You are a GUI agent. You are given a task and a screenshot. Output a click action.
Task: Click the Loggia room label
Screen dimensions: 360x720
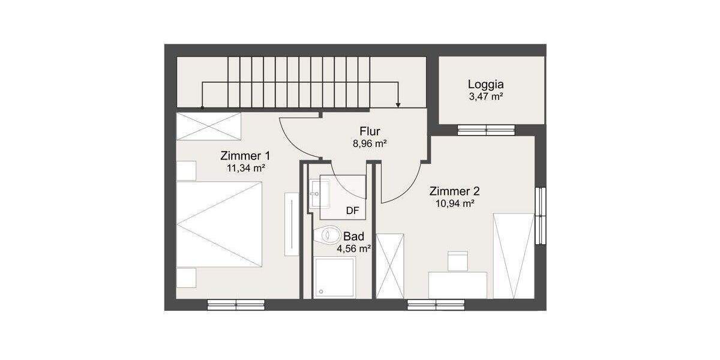[486, 85]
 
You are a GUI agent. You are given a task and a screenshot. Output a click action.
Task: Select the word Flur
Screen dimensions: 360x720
[370, 132]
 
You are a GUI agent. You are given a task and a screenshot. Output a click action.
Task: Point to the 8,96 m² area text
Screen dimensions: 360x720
[370, 143]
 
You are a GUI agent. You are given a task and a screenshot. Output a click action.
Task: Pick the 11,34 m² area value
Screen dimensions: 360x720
[245, 168]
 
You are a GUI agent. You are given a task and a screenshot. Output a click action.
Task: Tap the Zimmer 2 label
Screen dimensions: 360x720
[454, 191]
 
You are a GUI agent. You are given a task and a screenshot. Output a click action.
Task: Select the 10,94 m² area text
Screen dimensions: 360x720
[454, 203]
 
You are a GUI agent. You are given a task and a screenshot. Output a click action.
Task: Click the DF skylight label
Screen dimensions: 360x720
[353, 211]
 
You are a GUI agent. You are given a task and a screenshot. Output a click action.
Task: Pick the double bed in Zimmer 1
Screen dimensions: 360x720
[220, 224]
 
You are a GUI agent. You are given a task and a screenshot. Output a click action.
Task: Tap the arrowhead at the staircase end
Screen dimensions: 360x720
[398, 105]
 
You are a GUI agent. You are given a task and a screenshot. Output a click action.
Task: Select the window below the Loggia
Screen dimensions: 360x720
[486, 129]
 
